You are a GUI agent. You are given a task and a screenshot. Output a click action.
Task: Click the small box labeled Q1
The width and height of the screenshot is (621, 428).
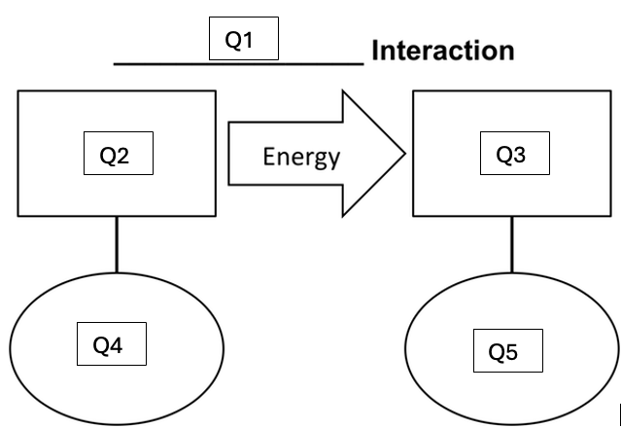pyautogui.click(x=244, y=39)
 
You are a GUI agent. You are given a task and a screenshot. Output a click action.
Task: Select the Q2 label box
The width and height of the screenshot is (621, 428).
pyautogui.click(x=116, y=154)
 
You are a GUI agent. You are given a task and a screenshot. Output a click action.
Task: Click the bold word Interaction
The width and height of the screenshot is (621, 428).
pyautogui.click(x=442, y=51)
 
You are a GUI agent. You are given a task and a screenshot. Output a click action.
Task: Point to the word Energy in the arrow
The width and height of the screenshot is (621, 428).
pyautogui.click(x=301, y=156)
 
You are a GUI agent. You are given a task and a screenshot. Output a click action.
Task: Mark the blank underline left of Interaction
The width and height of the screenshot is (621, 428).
pyautogui.click(x=238, y=64)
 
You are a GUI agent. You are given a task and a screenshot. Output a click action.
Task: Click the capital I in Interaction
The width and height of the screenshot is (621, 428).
pyautogui.click(x=375, y=51)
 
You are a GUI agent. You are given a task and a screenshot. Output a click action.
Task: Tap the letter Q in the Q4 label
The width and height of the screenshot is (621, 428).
pyautogui.click(x=100, y=344)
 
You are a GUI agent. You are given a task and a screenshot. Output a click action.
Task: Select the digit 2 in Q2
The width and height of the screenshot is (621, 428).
pyautogui.click(x=124, y=155)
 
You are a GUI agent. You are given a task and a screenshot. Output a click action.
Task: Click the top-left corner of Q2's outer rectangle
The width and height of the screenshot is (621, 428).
pyautogui.click(x=18, y=91)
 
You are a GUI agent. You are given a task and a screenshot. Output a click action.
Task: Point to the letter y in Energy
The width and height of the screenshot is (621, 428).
pyautogui.click(x=333, y=159)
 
